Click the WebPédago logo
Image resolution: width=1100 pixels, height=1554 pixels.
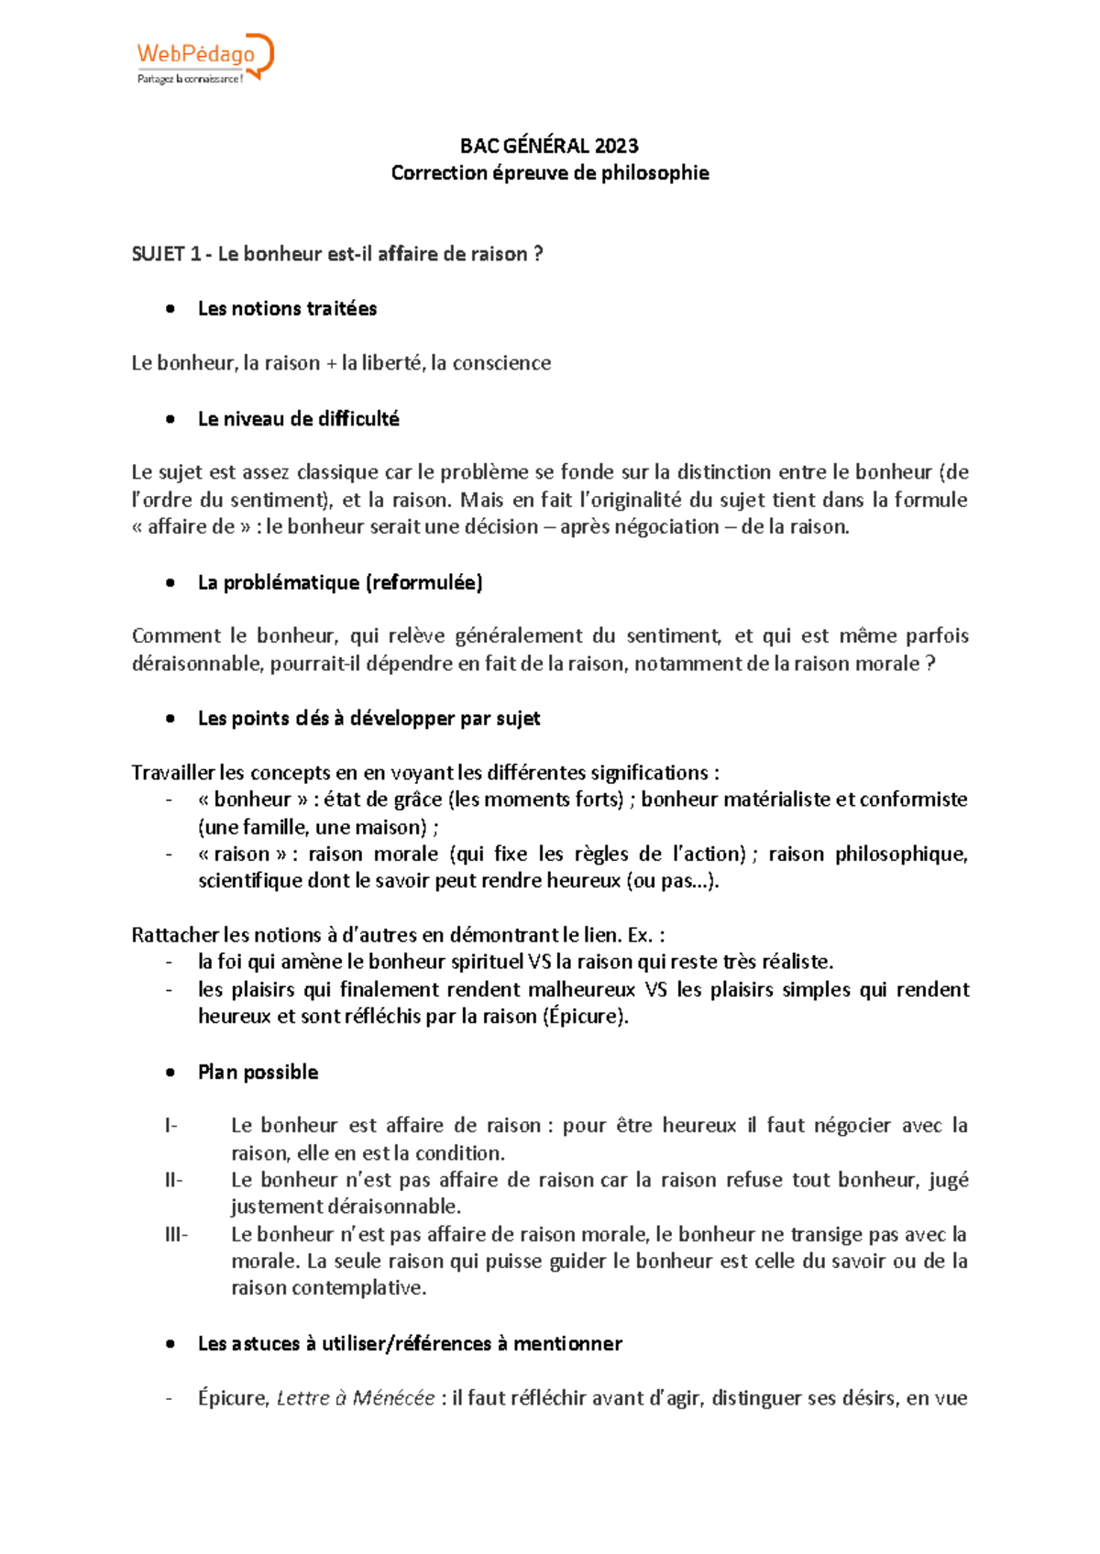(204, 59)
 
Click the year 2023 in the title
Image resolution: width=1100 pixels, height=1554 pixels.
(616, 146)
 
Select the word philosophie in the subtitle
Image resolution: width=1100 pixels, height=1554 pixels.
(654, 173)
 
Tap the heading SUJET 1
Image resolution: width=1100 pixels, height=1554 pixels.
(166, 254)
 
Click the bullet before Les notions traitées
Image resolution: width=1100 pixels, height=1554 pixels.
(170, 309)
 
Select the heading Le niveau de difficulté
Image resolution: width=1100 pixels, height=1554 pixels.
(298, 419)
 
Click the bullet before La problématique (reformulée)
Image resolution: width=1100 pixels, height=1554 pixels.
(170, 583)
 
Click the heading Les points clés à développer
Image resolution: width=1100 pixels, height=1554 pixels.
(368, 719)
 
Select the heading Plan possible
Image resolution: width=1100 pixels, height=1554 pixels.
(258, 1073)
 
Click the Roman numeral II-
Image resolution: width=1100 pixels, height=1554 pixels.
(173, 1180)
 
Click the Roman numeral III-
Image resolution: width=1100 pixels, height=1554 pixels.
(176, 1235)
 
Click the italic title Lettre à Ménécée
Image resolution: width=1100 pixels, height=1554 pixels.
(356, 1398)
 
